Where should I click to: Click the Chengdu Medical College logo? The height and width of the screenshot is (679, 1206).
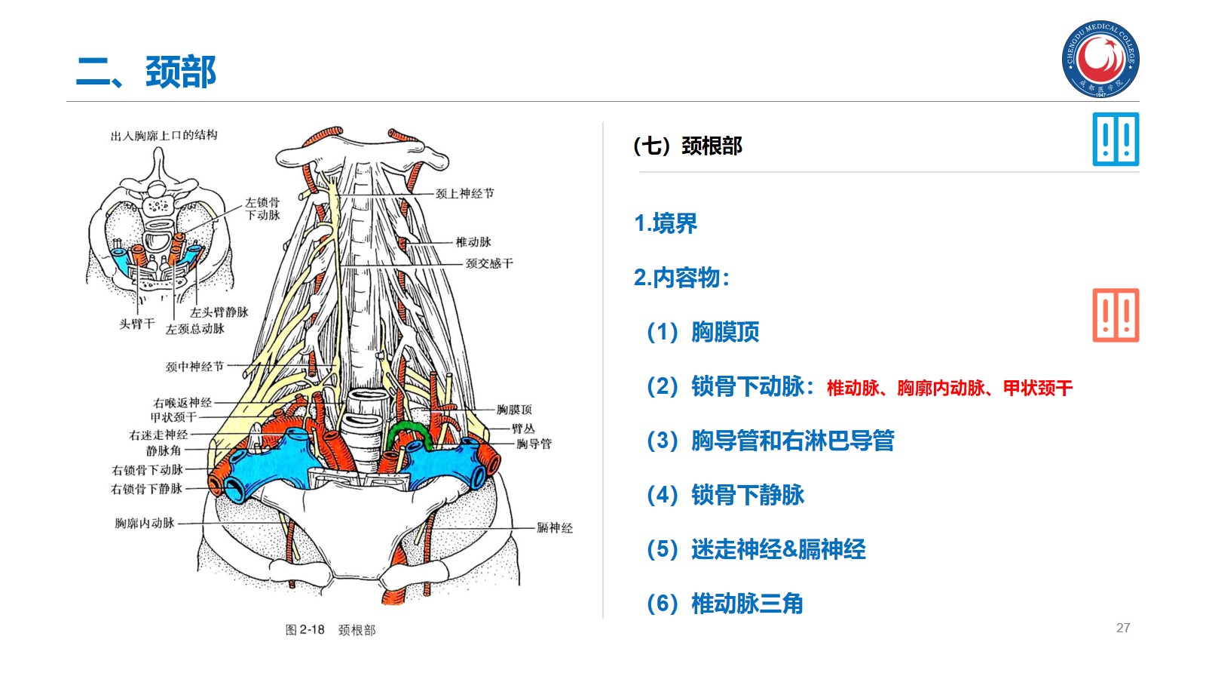click(1100, 59)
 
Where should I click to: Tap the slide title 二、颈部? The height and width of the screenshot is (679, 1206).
click(146, 72)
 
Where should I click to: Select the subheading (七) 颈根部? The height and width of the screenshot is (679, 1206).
click(687, 146)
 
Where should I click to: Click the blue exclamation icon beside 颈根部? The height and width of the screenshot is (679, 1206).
click(1116, 140)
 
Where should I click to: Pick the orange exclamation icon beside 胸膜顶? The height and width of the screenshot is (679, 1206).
click(1116, 315)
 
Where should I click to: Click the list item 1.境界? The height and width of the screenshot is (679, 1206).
click(666, 223)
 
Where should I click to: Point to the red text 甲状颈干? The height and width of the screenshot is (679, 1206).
click(1037, 389)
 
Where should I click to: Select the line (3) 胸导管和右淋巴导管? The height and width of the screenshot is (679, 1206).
click(770, 441)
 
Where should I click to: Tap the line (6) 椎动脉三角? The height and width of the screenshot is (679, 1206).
click(725, 604)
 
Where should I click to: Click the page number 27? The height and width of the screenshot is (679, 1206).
click(1123, 628)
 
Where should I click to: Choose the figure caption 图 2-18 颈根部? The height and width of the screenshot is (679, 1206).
click(330, 630)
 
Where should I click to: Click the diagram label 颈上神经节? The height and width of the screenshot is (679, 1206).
click(465, 194)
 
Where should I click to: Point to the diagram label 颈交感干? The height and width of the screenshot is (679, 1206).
click(489, 263)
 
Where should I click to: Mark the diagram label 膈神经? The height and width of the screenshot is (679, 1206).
click(555, 528)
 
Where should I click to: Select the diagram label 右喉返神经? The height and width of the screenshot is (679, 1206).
click(182, 403)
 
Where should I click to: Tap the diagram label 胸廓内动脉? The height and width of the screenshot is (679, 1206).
click(145, 523)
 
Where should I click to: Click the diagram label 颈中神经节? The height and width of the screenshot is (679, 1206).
click(194, 367)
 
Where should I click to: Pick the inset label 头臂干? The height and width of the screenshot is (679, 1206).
click(136, 324)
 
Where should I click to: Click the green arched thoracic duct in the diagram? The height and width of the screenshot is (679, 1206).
click(408, 432)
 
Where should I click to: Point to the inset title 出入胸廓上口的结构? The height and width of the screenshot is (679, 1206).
click(164, 136)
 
